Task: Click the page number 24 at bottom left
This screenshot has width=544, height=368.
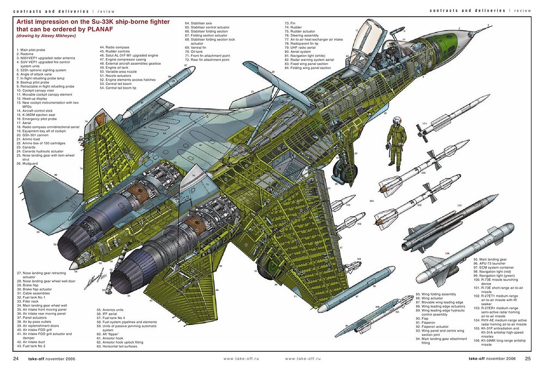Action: coord(16,358)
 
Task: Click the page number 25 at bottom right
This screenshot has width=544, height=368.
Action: coord(527,358)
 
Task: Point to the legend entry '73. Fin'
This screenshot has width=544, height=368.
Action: coord(290,23)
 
